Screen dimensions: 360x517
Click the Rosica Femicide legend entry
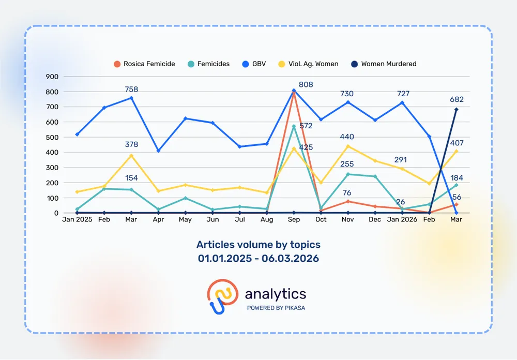coord(144,64)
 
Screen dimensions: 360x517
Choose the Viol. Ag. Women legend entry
coord(309,64)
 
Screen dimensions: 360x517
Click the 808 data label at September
coord(306,84)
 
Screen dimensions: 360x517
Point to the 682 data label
coord(457,99)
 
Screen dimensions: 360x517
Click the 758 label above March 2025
coord(132,89)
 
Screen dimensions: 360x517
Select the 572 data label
coord(306,126)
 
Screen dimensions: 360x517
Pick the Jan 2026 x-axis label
coord(402,220)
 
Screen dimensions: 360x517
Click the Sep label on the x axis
coord(294,220)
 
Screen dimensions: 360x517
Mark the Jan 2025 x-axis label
coord(77,220)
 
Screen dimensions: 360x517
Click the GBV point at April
coord(158,151)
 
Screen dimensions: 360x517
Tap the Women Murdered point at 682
coord(456,110)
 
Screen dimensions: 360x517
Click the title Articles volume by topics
coord(258,244)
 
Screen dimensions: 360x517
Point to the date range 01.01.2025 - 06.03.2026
coord(258,258)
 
